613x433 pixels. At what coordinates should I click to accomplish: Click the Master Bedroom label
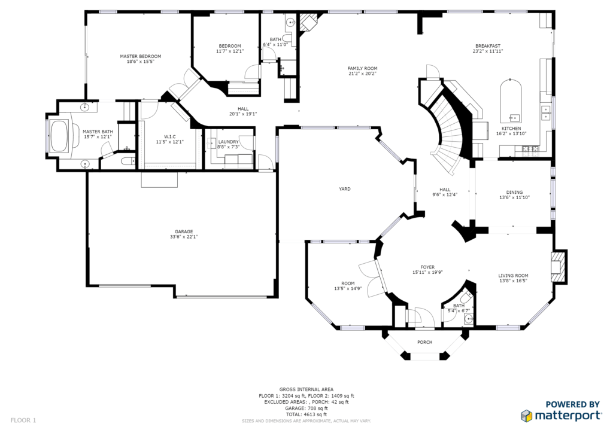click(140, 56)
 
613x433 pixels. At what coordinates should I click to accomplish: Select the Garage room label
click(184, 231)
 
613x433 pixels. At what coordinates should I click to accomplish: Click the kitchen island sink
click(514, 117)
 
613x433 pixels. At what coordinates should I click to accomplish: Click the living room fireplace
click(559, 266)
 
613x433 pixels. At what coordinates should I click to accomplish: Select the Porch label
click(424, 343)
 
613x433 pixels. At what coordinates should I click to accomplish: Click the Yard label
click(344, 189)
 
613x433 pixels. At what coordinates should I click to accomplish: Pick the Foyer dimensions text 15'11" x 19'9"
click(427, 273)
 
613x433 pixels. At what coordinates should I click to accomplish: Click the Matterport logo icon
click(526, 416)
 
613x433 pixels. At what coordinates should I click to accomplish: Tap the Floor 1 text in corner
click(23, 420)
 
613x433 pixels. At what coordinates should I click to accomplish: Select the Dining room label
click(514, 192)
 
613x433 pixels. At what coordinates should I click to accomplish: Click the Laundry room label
click(228, 142)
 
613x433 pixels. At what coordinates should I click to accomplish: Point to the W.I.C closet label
click(169, 136)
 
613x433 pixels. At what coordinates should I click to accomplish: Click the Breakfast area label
click(488, 45)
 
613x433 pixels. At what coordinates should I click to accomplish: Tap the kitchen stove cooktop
click(530, 148)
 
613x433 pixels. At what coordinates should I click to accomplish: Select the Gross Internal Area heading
click(306, 389)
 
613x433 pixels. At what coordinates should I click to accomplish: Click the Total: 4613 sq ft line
click(306, 414)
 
